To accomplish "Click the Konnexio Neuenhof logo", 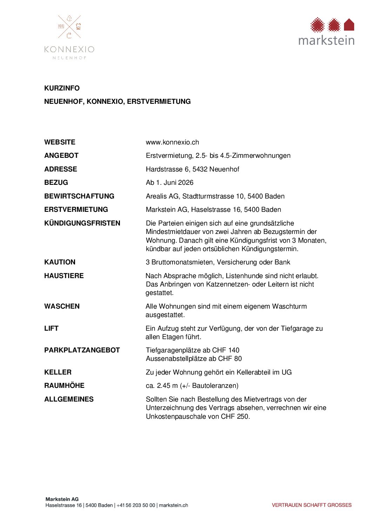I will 69,37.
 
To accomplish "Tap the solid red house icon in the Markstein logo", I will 349,25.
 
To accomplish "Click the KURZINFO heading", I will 62,88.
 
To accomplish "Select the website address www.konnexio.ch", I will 172,142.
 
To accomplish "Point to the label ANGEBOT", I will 61,156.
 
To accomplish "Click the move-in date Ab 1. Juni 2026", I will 169,183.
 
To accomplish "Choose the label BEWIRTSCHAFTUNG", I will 79,196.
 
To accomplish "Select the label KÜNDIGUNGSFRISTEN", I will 82,223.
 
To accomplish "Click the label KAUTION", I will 60,262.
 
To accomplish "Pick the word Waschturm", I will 289,307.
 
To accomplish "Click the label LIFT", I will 51,329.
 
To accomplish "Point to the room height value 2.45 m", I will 168,386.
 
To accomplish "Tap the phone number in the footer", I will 136,505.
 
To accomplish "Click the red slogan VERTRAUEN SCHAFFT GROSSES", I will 311,505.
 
